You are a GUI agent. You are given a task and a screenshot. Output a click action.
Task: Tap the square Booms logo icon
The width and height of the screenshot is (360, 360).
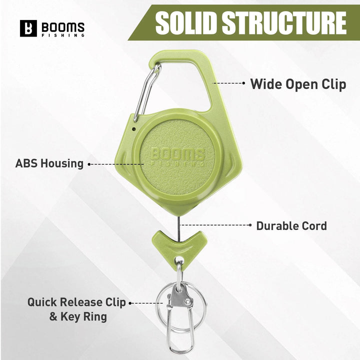[x=28, y=28]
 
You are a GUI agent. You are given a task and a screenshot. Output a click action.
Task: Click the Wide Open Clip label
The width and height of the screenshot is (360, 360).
[x=298, y=83]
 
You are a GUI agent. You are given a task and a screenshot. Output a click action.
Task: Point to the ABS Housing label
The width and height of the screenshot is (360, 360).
[x=49, y=163]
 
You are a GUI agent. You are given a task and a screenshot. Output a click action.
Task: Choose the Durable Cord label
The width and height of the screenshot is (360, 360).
[x=291, y=225]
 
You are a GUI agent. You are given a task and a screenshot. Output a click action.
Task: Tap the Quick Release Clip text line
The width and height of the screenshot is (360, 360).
[x=76, y=302]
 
